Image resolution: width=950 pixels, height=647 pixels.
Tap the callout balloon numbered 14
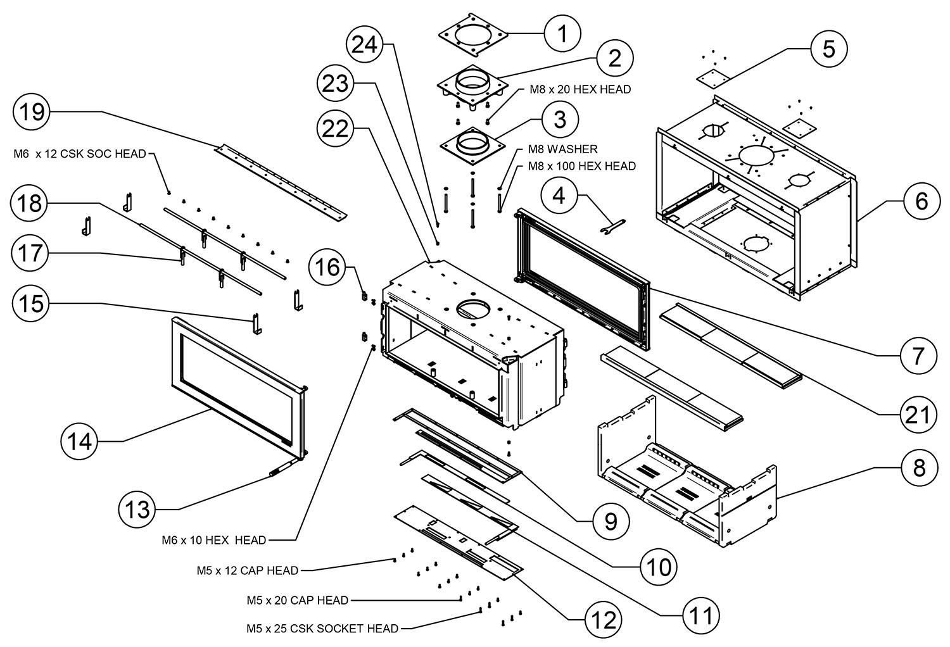pos(80,441)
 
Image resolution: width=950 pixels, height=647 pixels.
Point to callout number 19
pos(32,112)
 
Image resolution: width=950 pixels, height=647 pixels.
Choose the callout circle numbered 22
pos(336,129)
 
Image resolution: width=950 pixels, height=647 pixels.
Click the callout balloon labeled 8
pos(919,468)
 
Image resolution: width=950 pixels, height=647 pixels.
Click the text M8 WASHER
pos(563,150)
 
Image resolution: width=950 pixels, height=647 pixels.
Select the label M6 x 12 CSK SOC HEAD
pos(80,154)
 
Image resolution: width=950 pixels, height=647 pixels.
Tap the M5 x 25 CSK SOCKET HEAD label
pos(322,629)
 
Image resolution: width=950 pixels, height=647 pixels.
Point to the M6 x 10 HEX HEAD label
pos(213,540)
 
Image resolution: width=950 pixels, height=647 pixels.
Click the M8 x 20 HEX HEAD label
pos(580,90)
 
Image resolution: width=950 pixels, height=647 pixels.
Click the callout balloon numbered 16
pos(327,268)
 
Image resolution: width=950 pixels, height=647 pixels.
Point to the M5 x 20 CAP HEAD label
pos(297,600)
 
